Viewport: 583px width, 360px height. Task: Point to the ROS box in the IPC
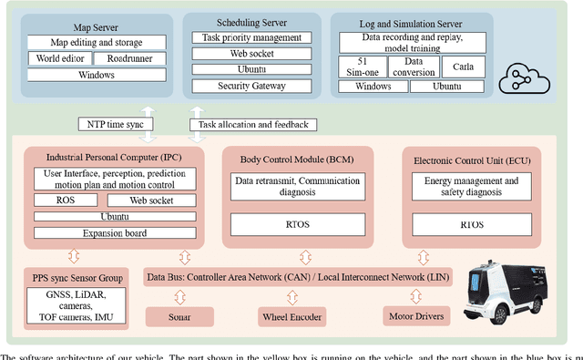[65, 200]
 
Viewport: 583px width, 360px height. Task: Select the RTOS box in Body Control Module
[286, 222]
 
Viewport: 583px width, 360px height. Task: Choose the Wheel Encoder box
[290, 315]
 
